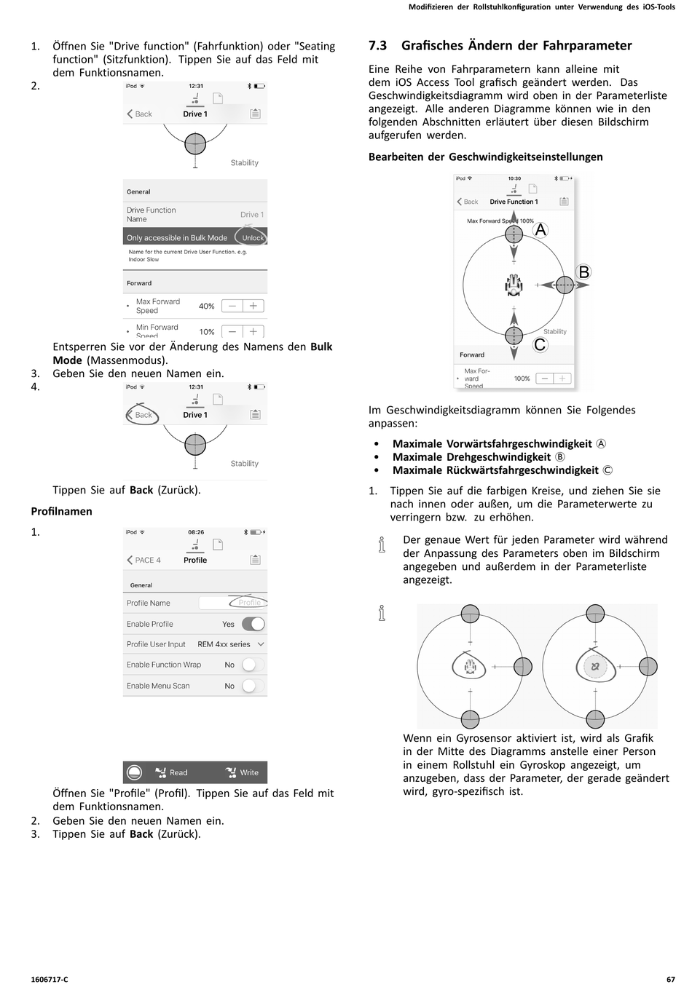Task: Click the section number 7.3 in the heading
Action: tap(377, 46)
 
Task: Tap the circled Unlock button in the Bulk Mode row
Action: tap(252, 237)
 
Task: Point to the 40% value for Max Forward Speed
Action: tap(207, 306)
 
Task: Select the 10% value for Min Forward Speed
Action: tap(207, 331)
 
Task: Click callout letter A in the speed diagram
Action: tap(540, 230)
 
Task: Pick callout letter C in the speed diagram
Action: tap(540, 345)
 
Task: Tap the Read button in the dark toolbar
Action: tap(172, 772)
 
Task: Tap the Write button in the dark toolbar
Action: tap(242, 772)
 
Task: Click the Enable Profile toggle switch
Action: tap(253, 624)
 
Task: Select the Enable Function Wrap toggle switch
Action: tap(252, 665)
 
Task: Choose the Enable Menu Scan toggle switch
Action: tap(252, 686)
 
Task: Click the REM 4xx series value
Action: tap(224, 644)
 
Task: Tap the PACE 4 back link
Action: tap(143, 560)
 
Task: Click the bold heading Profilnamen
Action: tap(61, 512)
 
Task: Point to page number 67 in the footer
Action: tap(670, 979)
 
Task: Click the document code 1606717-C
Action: tap(50, 979)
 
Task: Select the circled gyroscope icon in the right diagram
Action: tap(595, 666)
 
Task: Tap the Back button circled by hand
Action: tap(141, 415)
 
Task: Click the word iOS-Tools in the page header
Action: tap(658, 7)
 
